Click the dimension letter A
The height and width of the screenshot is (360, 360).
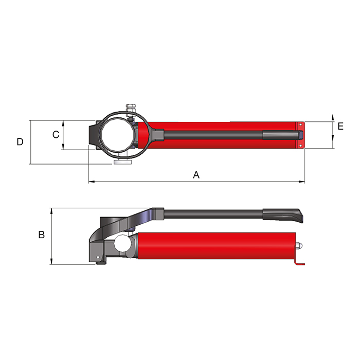pyautogui.click(x=196, y=175)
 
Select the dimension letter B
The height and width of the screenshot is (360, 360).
pyautogui.click(x=42, y=235)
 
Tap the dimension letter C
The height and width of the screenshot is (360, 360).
pyautogui.click(x=56, y=135)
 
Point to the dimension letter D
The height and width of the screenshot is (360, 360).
pyautogui.click(x=20, y=141)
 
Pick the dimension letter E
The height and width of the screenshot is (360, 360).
pyautogui.click(x=340, y=127)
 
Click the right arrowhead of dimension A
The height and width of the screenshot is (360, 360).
pyautogui.click(x=302, y=182)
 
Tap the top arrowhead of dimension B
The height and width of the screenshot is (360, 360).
pyautogui.click(x=51, y=211)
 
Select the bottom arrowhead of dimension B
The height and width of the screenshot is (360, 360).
pyautogui.click(x=51, y=261)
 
